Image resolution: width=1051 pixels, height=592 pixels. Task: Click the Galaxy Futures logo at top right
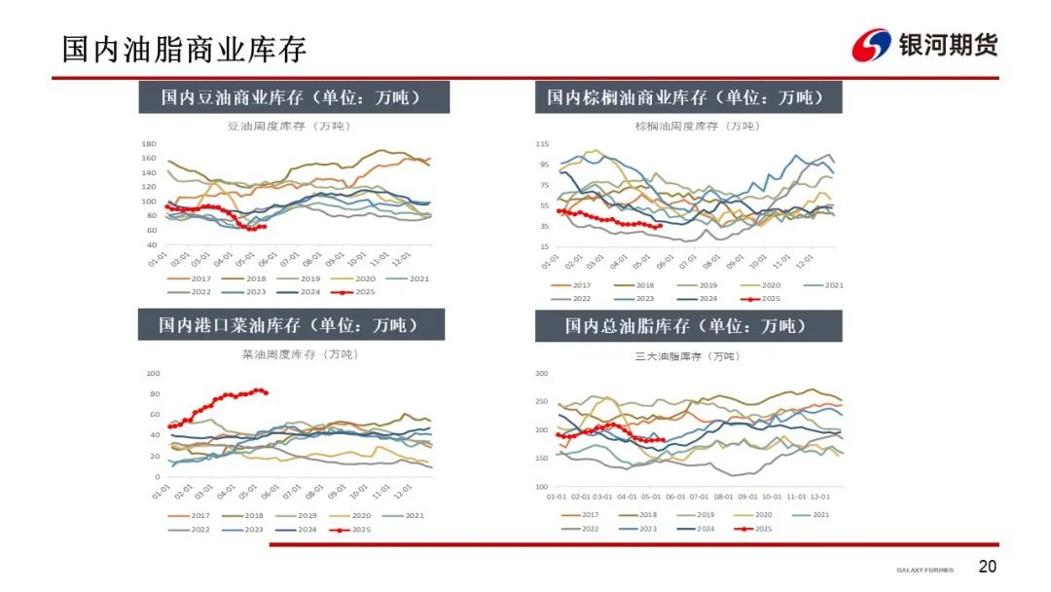click(x=924, y=45)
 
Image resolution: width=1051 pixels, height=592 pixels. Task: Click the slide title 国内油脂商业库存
click(x=184, y=49)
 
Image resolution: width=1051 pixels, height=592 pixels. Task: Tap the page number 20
click(x=987, y=567)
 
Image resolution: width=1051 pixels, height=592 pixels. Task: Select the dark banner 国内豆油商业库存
click(x=291, y=97)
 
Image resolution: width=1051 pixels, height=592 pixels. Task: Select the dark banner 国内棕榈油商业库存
click(x=688, y=97)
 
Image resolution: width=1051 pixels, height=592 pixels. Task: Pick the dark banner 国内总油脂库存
click(x=688, y=326)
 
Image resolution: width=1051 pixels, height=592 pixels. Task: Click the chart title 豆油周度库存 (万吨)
click(x=289, y=126)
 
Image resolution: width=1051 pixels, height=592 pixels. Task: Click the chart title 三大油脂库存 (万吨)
click(x=687, y=356)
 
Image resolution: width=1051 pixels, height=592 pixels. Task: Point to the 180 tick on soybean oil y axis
click(x=148, y=143)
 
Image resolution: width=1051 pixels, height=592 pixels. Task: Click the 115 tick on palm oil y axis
click(x=542, y=144)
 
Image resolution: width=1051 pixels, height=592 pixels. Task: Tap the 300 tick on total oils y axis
click(x=542, y=373)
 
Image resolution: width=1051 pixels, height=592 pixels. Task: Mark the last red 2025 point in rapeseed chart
click(x=266, y=393)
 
